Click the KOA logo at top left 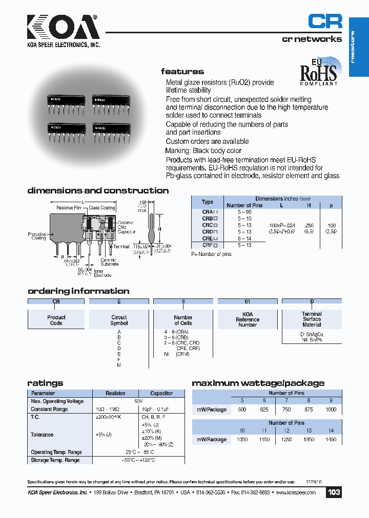[63, 28]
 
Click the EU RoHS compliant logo [318, 71]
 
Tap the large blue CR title [325, 21]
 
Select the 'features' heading [182, 72]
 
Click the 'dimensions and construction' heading [98, 190]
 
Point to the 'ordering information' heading [78, 291]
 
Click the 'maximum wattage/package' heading [258, 383]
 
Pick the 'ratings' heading [45, 383]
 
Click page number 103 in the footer [334, 492]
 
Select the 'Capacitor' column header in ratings [161, 393]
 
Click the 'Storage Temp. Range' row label [55, 460]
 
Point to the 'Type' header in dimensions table [208, 202]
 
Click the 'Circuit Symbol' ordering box [119, 320]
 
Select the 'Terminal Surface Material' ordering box [312, 319]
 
